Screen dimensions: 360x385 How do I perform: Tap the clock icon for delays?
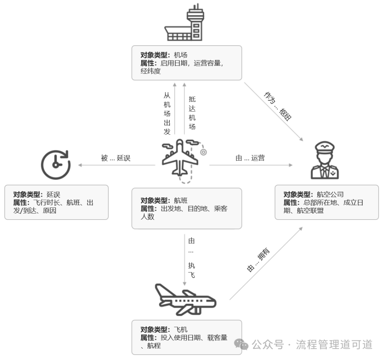56,164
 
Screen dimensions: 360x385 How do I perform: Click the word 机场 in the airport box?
180,55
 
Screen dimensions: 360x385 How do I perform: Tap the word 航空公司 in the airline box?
330,195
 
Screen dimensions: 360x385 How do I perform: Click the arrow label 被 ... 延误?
116,158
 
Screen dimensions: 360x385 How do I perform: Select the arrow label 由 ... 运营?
250,158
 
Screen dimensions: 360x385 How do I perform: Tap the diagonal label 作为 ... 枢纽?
278,106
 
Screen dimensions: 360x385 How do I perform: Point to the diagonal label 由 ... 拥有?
258,260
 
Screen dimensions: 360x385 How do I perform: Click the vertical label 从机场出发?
167,113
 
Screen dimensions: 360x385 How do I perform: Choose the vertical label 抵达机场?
192,113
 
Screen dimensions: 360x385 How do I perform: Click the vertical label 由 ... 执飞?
191,258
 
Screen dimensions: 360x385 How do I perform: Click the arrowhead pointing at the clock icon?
81,165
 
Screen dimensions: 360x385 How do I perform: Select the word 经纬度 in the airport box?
151,71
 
